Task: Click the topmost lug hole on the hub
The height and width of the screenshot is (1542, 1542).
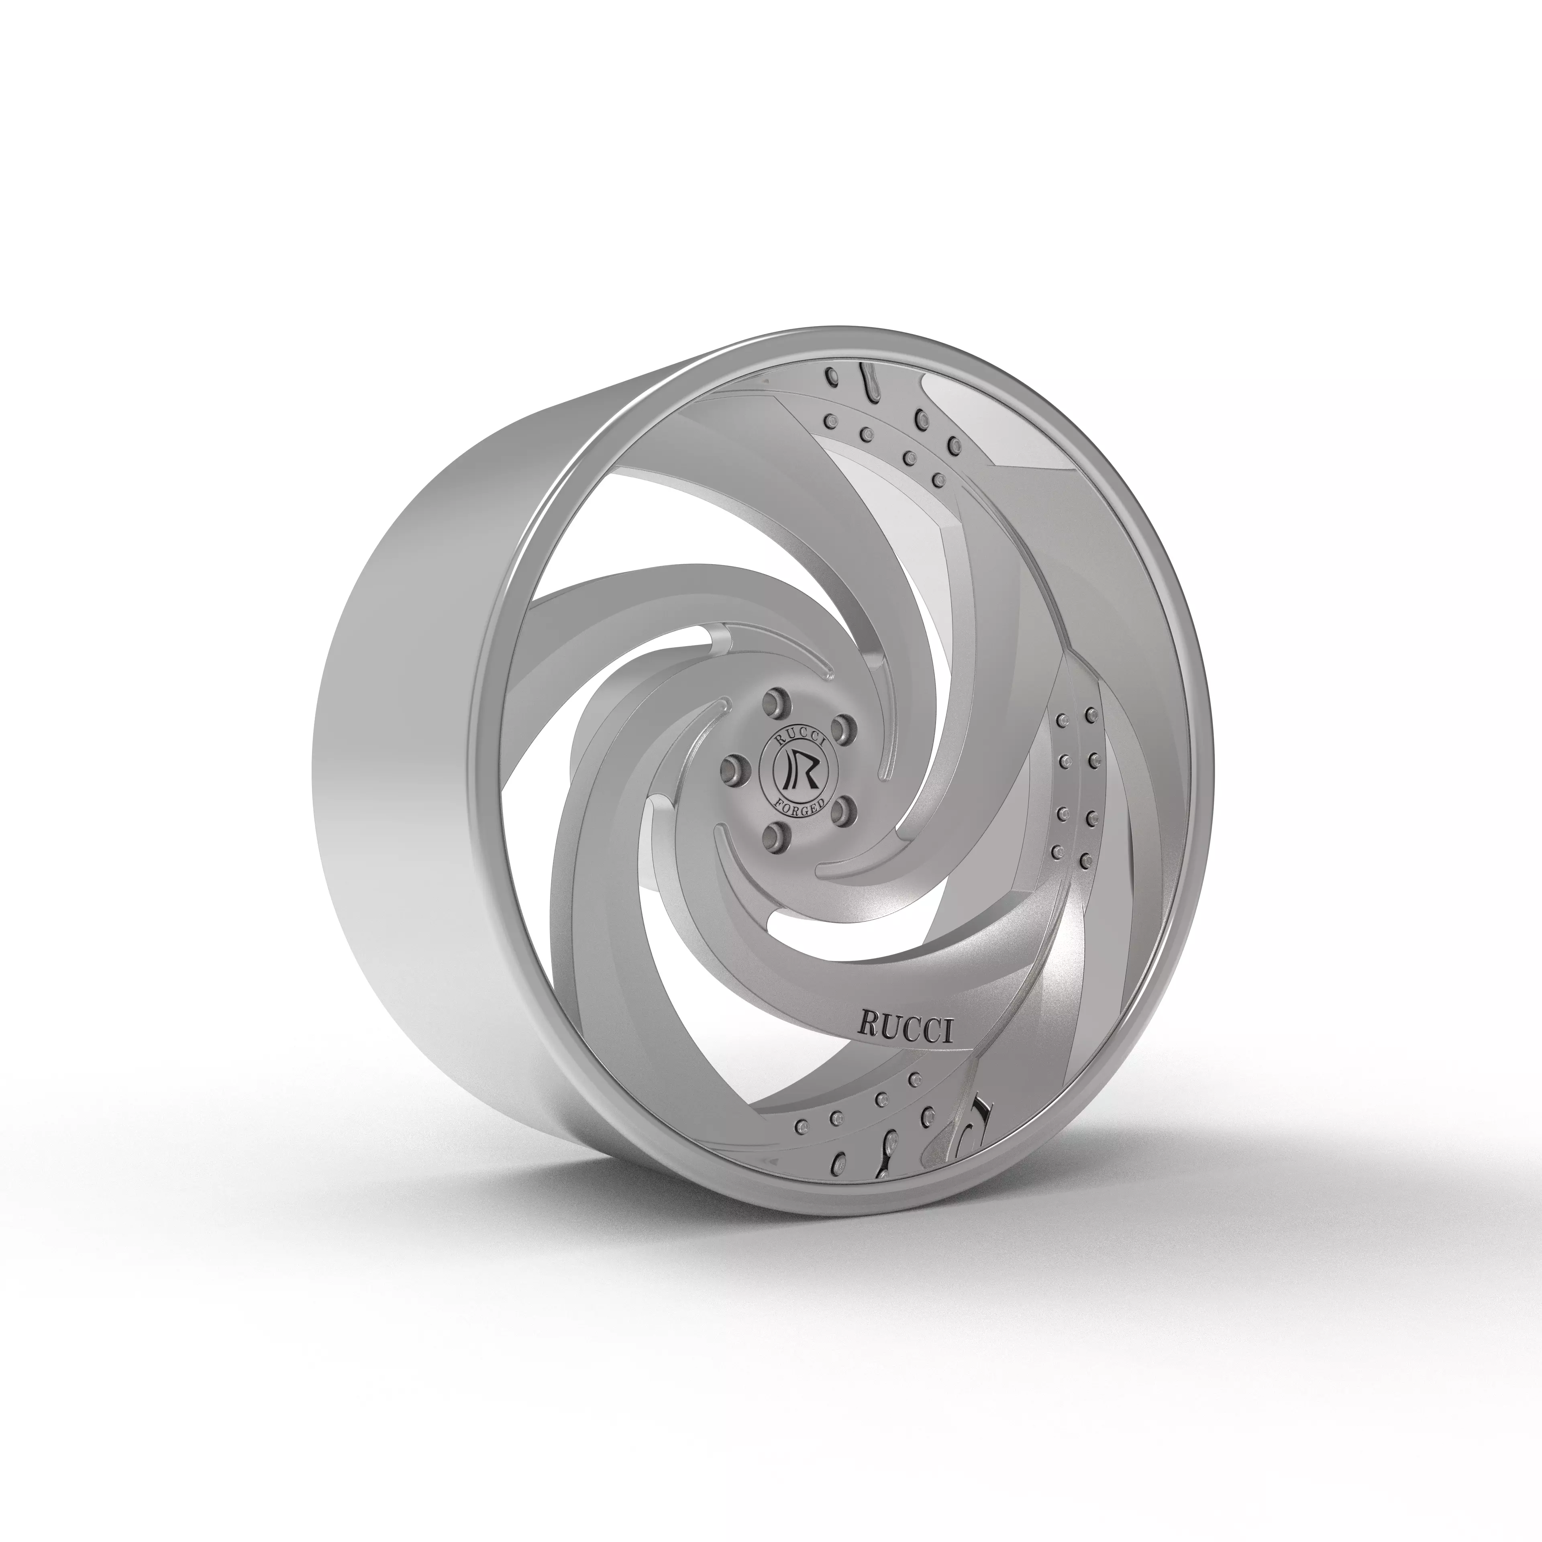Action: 772,702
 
